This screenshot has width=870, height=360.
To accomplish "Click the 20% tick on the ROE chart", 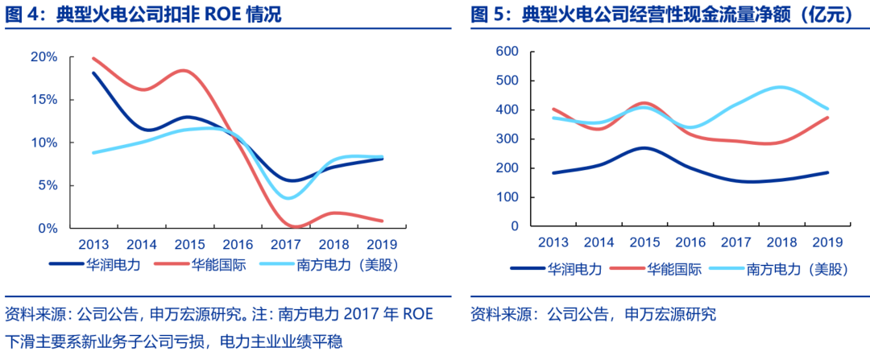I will click(x=43, y=57).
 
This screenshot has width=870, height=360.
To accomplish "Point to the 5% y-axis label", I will click(x=47, y=185).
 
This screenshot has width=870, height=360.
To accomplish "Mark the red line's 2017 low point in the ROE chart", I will click(x=292, y=226).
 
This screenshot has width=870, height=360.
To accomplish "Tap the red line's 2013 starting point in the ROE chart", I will click(x=93, y=58).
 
